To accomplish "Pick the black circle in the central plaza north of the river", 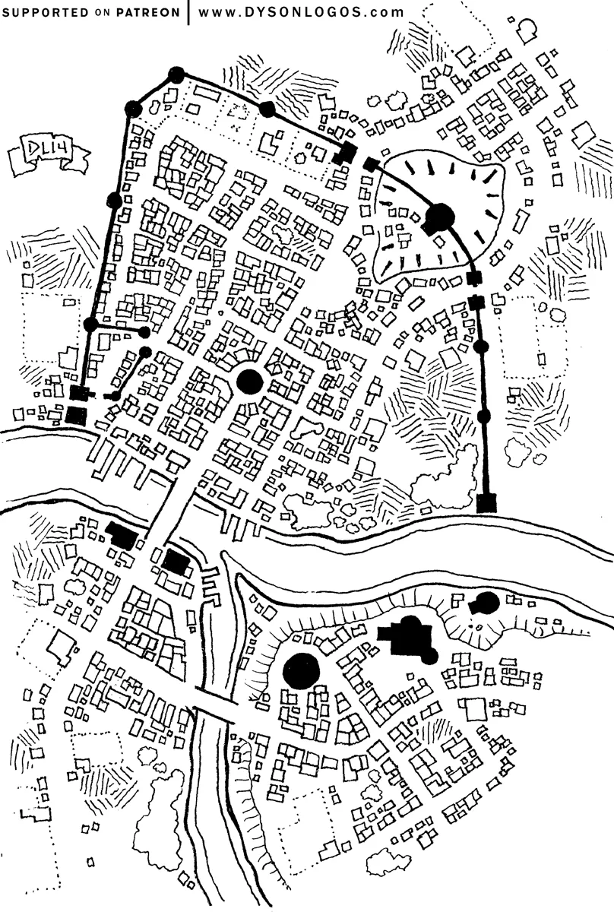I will tap(249, 381).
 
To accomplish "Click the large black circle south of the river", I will tap(301, 670).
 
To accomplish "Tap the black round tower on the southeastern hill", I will tap(485, 604).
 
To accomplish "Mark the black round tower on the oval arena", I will tap(439, 219).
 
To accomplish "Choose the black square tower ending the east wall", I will tap(487, 502).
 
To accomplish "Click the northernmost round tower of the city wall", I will tap(176, 74).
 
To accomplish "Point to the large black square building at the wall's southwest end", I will tap(75, 414).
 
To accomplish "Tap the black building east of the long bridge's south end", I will tap(176, 563).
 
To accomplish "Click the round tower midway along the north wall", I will tap(267, 109).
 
